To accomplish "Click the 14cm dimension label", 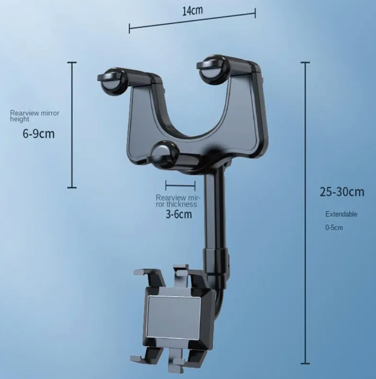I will (x=192, y=10).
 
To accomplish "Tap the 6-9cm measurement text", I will (x=38, y=134).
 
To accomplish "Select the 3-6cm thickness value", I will (x=179, y=214).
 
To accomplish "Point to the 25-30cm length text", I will (x=342, y=192).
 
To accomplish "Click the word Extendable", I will (x=341, y=214).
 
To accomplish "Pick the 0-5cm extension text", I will (x=333, y=228).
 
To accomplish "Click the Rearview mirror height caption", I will (x=34, y=116).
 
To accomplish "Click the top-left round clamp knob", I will (x=112, y=81).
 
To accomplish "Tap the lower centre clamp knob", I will (x=164, y=154).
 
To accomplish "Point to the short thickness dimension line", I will (x=180, y=186).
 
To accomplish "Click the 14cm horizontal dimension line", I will (x=192, y=21).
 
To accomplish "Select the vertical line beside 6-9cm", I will (x=72, y=125).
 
